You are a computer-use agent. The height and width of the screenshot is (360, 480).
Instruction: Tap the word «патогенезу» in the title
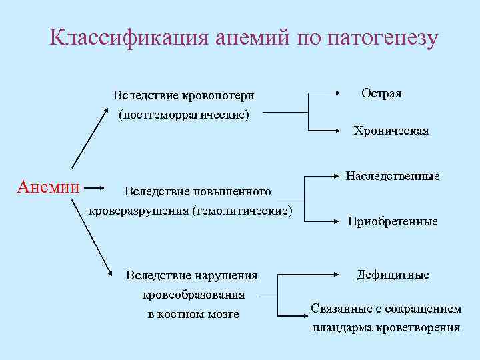(x=383, y=37)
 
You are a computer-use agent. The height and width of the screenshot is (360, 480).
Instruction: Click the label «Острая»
(x=381, y=93)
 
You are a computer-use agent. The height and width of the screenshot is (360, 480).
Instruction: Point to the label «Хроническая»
(x=391, y=131)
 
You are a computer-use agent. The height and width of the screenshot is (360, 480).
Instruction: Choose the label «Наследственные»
(x=393, y=176)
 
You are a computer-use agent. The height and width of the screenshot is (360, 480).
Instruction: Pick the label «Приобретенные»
(x=393, y=221)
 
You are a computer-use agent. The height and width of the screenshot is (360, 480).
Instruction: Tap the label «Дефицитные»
(x=393, y=275)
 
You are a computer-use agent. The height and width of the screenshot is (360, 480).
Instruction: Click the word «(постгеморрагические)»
(x=184, y=115)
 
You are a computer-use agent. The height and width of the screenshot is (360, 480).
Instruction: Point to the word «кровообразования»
(x=193, y=294)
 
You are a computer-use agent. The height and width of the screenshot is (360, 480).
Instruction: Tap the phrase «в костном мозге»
(x=193, y=313)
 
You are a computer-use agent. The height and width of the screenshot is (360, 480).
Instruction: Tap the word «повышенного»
(x=235, y=192)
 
